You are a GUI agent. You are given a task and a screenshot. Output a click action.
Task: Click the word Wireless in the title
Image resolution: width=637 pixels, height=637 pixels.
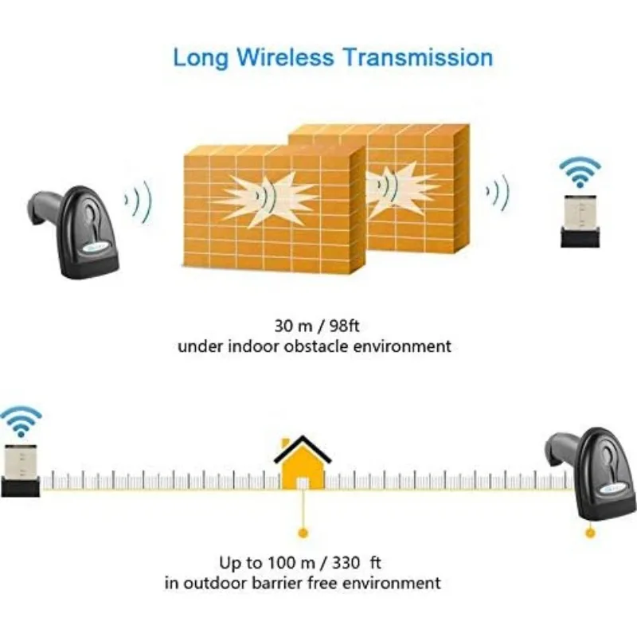click(x=285, y=57)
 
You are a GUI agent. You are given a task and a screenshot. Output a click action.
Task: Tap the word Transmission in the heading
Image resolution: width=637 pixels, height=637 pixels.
click(x=419, y=57)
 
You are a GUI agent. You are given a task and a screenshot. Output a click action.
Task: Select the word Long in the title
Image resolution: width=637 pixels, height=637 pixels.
click(x=201, y=58)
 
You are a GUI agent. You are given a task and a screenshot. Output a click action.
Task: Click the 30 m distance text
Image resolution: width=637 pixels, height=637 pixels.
click(x=293, y=326)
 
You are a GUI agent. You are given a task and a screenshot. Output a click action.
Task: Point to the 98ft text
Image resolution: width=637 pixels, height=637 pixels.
click(x=344, y=326)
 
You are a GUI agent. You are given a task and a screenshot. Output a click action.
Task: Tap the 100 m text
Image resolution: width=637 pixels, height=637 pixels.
click(x=291, y=563)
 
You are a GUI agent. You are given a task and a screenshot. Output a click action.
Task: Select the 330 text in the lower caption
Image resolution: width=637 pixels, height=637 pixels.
click(x=346, y=563)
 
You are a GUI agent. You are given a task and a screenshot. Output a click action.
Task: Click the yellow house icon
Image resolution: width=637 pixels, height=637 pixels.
click(x=303, y=463)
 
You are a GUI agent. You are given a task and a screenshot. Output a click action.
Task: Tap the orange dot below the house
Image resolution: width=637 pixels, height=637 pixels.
click(x=303, y=533)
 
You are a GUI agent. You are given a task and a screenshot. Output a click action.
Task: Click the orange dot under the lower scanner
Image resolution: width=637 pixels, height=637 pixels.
click(x=590, y=533)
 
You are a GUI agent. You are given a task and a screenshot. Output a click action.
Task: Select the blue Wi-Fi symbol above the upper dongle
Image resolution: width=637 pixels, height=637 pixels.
click(x=580, y=172)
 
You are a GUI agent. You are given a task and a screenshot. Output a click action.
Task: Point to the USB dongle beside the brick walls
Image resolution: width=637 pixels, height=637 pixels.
click(x=580, y=221)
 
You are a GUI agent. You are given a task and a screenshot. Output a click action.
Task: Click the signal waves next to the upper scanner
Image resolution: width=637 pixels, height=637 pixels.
click(x=138, y=202)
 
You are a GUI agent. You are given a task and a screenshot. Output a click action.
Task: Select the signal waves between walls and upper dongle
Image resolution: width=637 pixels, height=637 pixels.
click(x=498, y=193)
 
